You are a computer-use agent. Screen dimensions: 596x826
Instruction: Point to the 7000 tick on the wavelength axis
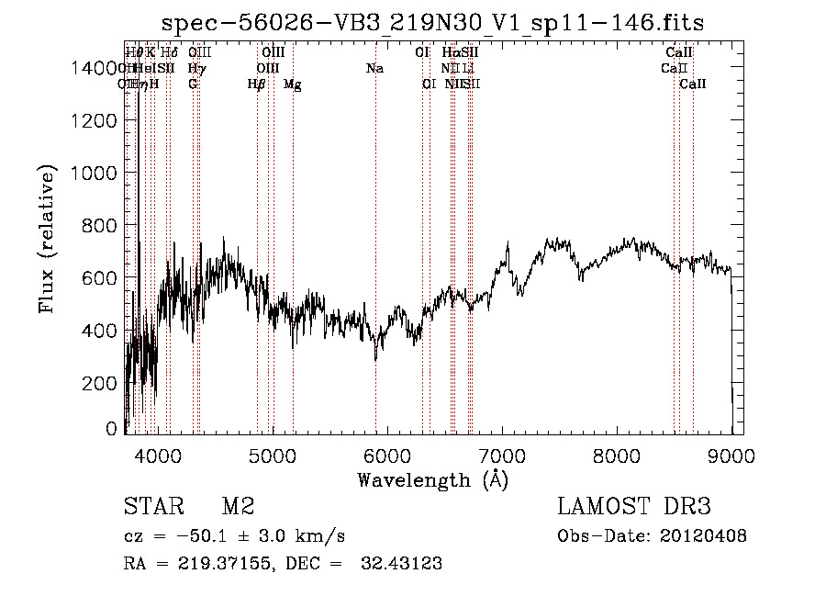coord(502,433)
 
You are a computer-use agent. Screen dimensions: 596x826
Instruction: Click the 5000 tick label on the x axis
coord(273,453)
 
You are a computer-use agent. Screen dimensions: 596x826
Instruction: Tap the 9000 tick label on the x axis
coord(731,453)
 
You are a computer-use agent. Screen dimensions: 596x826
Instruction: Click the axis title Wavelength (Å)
coord(432,478)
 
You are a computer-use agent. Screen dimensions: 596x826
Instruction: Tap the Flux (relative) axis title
coord(47,239)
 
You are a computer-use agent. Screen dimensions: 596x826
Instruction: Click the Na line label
coord(374,69)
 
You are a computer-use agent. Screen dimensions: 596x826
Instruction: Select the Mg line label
coord(293,84)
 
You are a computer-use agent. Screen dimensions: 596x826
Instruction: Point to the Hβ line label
coord(257,84)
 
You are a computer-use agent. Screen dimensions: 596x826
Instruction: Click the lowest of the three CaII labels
coord(693,84)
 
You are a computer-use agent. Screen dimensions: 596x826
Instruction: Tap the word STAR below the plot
coord(153,507)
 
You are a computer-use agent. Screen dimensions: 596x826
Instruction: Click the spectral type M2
coord(237,507)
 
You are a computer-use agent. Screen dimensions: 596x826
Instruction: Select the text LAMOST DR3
coord(634,507)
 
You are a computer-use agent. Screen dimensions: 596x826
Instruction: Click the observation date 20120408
coord(705,536)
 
